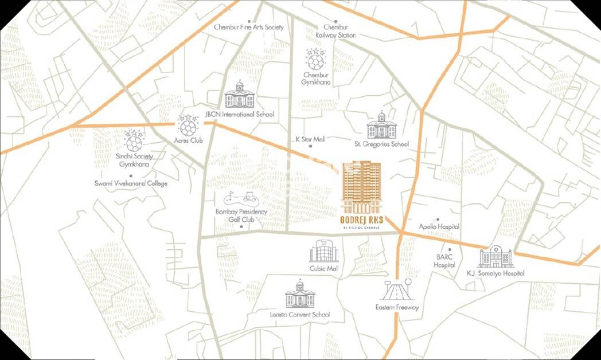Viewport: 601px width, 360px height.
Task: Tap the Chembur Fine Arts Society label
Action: click(248, 27)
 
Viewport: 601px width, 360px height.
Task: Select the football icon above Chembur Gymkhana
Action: click(315, 59)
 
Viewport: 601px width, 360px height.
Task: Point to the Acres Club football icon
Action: click(188, 125)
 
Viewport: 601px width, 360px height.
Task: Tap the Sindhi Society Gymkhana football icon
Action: click(134, 140)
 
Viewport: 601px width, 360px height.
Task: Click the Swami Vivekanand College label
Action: click(131, 183)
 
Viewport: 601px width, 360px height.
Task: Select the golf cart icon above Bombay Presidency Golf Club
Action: click(241, 198)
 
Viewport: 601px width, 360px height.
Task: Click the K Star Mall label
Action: click(310, 139)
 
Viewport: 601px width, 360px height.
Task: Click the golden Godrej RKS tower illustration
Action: click(361, 187)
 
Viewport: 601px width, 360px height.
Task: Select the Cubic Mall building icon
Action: click(325, 251)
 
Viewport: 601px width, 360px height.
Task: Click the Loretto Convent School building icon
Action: click(300, 295)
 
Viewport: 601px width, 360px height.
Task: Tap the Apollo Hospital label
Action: click(439, 226)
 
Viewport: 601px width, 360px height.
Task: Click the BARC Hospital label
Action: click(444, 261)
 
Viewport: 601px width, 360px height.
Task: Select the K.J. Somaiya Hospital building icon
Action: click(495, 257)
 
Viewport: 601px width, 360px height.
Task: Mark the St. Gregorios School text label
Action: click(381, 144)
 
